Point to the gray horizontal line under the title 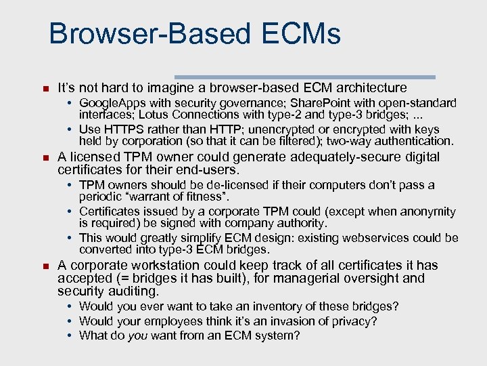(305, 77)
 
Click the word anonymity (426, 211)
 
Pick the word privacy (358, 321)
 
